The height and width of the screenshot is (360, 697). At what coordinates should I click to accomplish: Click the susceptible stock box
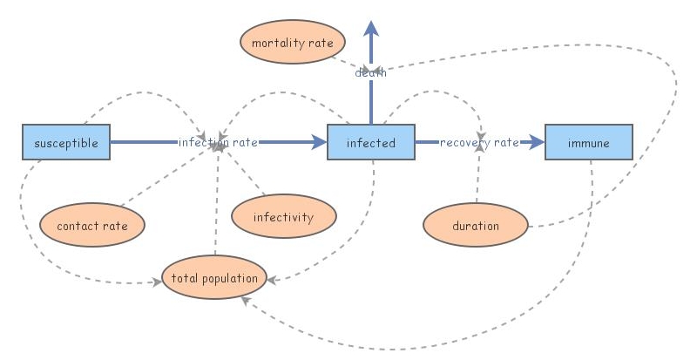pyautogui.click(x=66, y=142)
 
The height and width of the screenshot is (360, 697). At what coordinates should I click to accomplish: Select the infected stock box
pyautogui.click(x=370, y=142)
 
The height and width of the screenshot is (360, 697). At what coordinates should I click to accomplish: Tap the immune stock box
pyautogui.click(x=589, y=142)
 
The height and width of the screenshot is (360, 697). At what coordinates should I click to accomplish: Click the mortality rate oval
pyautogui.click(x=293, y=43)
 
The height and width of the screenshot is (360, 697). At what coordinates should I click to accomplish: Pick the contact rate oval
pyautogui.click(x=91, y=226)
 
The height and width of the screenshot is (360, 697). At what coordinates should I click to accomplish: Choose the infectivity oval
pyautogui.click(x=283, y=217)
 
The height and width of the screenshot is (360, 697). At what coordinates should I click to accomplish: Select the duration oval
pyautogui.click(x=476, y=226)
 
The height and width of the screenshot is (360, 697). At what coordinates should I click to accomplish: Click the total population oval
pyautogui.click(x=214, y=278)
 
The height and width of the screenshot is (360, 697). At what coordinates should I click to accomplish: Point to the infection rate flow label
pyautogui.click(x=218, y=142)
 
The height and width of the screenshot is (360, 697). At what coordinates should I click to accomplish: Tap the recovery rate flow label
pyautogui.click(x=479, y=142)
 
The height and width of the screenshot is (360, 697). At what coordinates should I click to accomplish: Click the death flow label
pyautogui.click(x=370, y=72)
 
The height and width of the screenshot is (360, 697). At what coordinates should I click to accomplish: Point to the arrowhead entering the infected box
pyautogui.click(x=320, y=142)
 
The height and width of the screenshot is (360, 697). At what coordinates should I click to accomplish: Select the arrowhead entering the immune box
pyautogui.click(x=538, y=142)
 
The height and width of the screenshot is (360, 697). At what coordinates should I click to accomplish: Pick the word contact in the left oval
pyautogui.click(x=74, y=226)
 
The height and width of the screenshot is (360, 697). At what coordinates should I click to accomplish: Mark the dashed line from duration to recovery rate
pyautogui.click(x=477, y=179)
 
